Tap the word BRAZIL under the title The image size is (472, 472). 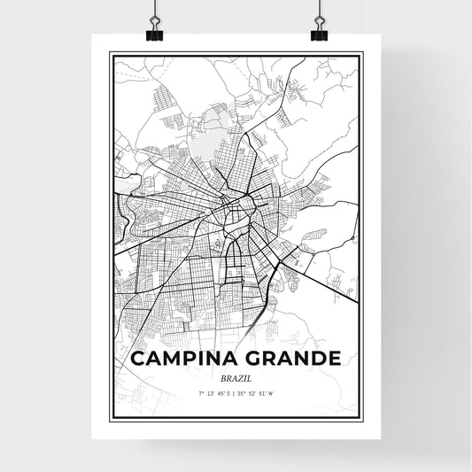tap(235, 376)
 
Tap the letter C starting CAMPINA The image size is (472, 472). tap(137, 359)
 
